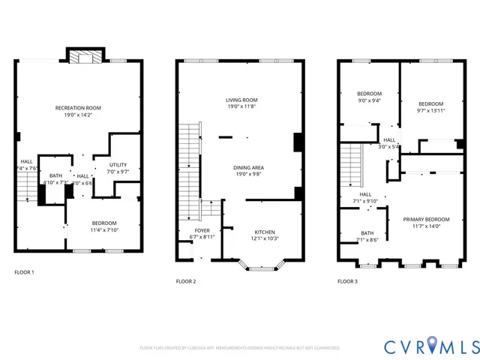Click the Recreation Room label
(x=78, y=108)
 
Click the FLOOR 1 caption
(x=24, y=271)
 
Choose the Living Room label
(x=241, y=100)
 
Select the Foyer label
(x=202, y=230)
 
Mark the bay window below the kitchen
(x=260, y=264)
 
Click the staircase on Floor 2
(x=188, y=160)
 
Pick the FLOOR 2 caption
(x=186, y=281)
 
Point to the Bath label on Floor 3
(x=367, y=232)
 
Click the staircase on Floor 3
(x=351, y=165)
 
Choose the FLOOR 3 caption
(x=347, y=281)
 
